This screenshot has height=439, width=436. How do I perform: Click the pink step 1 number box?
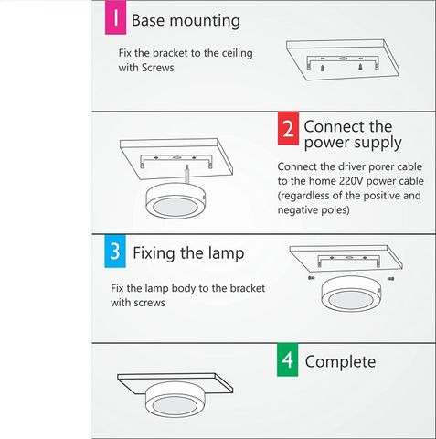point(115,17)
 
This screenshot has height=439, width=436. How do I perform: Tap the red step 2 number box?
point(288,128)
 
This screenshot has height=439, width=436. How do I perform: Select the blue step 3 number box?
point(115,252)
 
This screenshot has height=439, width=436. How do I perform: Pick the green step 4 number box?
point(288,359)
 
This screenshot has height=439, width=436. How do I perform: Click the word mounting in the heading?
point(205,21)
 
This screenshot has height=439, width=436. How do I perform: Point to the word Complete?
point(340,362)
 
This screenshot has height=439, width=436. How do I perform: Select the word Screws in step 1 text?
point(158,68)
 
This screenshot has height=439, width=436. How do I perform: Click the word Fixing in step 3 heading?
point(154,253)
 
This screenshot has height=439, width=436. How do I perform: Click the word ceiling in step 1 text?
point(237,53)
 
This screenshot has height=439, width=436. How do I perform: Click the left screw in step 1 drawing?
point(322,69)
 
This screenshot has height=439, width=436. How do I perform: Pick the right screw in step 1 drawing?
point(360,67)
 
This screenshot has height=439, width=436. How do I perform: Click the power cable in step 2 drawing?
point(187,175)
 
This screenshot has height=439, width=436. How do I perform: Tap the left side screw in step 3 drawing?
point(311,278)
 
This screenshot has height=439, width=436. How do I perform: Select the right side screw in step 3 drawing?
point(391,278)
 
